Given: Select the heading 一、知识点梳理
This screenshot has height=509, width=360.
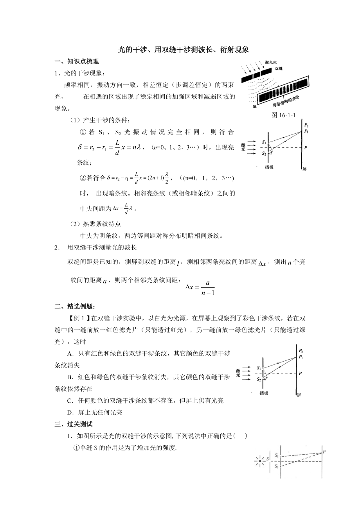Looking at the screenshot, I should (x=77, y=61).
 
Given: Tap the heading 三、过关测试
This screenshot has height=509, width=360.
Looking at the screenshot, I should (x=74, y=424).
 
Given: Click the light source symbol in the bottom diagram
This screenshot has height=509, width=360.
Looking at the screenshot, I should (x=259, y=461).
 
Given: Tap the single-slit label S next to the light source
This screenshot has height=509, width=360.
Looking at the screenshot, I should (x=268, y=459).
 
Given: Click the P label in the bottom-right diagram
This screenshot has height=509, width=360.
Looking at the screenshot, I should (x=325, y=452).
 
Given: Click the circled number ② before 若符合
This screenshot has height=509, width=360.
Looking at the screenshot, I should (x=83, y=178).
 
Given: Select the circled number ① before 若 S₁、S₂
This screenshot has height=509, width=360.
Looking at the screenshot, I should (x=83, y=133).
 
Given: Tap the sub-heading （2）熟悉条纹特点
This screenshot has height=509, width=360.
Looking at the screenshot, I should (x=95, y=224).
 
